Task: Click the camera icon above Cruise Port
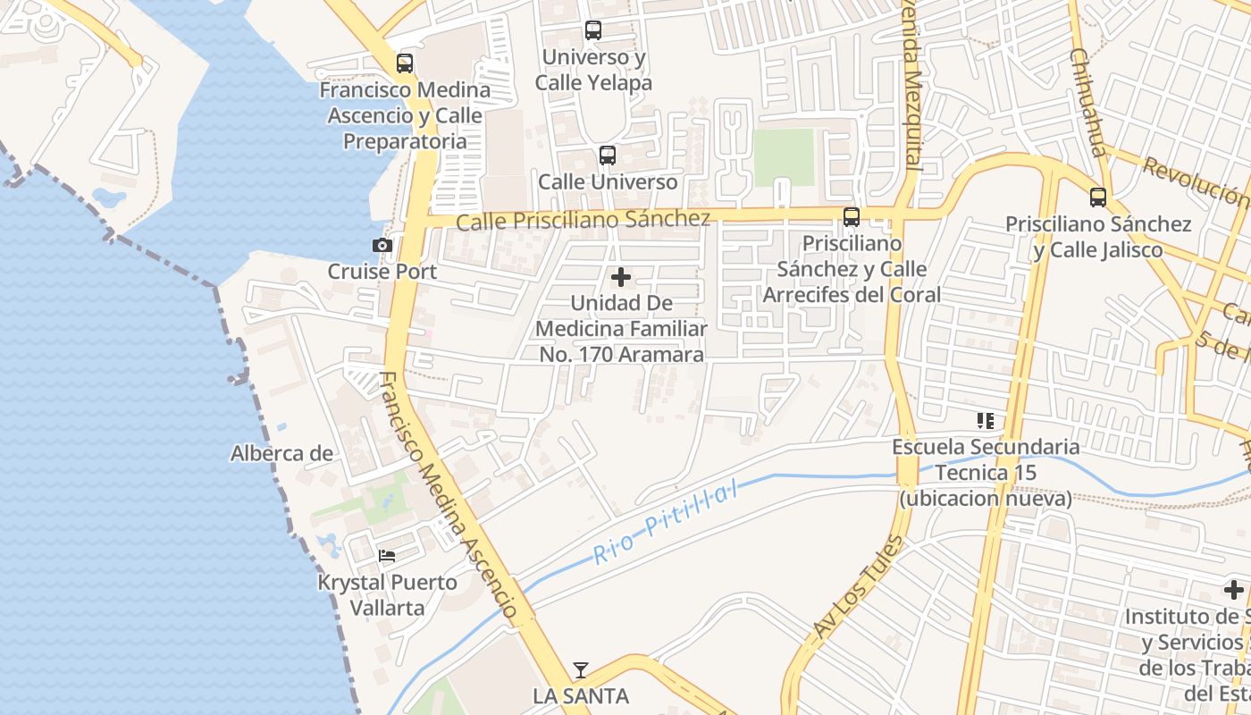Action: (x=382, y=245)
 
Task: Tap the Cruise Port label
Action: (x=382, y=272)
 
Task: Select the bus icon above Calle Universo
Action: (x=608, y=156)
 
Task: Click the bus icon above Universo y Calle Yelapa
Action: (x=593, y=30)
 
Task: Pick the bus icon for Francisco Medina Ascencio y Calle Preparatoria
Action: (x=405, y=63)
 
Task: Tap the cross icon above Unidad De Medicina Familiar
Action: (x=621, y=277)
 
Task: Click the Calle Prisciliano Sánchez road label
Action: (x=584, y=220)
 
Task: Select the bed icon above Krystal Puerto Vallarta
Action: (x=387, y=556)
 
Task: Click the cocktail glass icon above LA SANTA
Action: (x=581, y=669)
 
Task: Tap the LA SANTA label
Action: (x=581, y=695)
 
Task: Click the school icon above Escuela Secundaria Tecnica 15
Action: (x=986, y=420)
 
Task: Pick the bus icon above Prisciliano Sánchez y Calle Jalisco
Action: (x=1098, y=198)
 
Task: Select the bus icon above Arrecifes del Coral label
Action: (x=852, y=216)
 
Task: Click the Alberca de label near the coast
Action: (x=281, y=453)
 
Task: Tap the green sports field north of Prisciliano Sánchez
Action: (x=784, y=157)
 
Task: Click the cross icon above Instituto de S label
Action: (x=1234, y=590)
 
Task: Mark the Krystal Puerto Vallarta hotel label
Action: (x=388, y=595)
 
